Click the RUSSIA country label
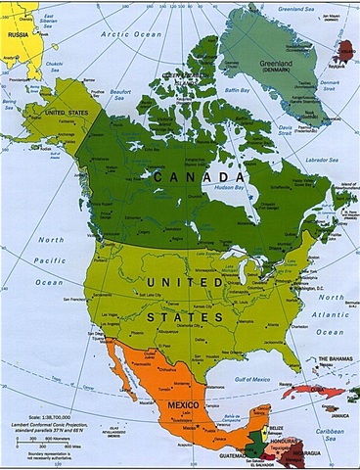pos(17,34)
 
